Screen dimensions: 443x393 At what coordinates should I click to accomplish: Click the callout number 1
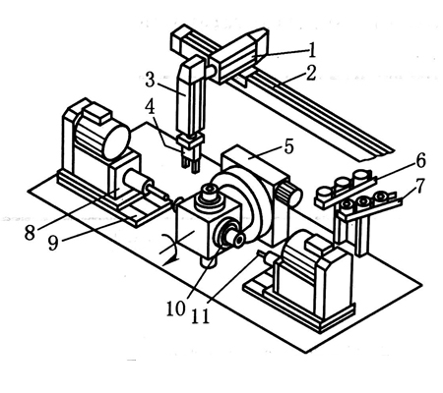pos(312,50)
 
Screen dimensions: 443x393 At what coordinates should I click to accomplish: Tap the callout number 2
pos(310,74)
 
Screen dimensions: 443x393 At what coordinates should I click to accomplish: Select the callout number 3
pos(150,80)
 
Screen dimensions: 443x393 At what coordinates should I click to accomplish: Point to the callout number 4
pos(151,107)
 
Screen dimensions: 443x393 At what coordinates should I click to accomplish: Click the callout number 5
pos(288,146)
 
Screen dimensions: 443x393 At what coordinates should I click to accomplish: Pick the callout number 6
pos(421,160)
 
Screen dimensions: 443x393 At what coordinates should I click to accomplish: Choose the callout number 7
pos(420,186)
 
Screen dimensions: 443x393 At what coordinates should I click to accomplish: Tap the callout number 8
pos(30,233)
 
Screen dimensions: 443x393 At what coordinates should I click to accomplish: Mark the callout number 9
pos(54,243)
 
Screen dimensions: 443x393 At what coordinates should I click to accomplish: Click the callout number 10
pos(175,309)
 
